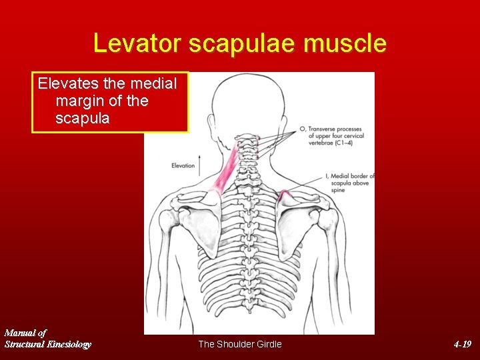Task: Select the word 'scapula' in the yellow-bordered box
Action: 83,119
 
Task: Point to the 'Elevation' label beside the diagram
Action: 183,165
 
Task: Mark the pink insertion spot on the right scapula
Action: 285,194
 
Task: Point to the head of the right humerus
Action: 328,217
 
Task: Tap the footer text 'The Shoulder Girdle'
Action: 240,344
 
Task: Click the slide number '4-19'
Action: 462,344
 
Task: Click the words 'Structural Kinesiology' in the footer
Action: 48,344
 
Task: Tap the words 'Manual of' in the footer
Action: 25,332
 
